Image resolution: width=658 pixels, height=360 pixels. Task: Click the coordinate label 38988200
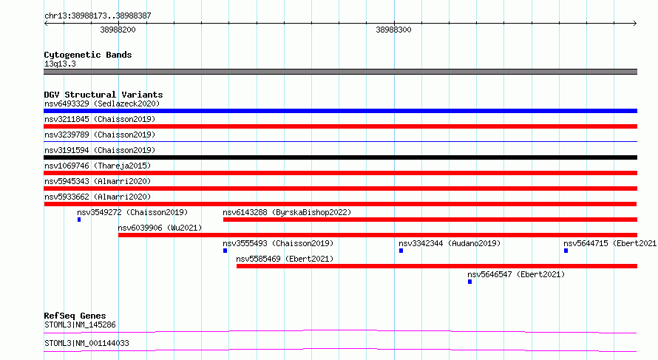click(118, 30)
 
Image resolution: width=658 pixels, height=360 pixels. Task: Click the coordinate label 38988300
click(393, 30)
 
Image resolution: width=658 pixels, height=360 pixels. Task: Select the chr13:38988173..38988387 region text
click(98, 16)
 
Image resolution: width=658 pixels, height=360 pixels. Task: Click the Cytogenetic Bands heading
click(88, 55)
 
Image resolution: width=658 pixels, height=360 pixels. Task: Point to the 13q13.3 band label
click(60, 64)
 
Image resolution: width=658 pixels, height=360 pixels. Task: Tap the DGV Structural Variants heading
click(104, 95)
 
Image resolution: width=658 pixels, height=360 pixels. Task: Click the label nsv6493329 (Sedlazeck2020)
click(102, 103)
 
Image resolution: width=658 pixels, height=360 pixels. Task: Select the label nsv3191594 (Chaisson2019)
click(100, 150)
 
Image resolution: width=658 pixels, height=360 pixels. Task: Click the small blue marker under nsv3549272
click(79, 220)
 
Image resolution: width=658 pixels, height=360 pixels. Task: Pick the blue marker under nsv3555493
click(225, 251)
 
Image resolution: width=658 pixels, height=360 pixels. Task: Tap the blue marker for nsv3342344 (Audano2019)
click(401, 251)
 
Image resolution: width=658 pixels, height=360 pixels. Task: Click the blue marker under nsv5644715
click(566, 251)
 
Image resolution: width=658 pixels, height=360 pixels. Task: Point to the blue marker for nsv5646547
click(470, 282)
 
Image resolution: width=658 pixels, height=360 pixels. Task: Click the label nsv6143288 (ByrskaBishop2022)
click(287, 212)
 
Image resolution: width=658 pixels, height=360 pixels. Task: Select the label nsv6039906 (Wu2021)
click(160, 228)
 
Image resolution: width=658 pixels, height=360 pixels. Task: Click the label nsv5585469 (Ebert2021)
click(285, 259)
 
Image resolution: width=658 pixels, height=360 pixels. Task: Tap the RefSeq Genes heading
click(75, 316)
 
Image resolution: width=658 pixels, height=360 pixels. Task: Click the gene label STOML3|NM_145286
click(80, 325)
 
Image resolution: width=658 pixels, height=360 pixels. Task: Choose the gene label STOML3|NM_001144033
click(87, 343)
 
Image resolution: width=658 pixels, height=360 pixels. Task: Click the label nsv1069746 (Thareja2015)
click(98, 166)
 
